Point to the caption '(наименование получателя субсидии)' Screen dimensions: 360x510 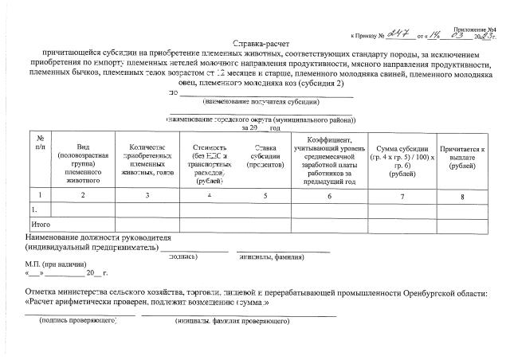pyautogui.click(x=261, y=102)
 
